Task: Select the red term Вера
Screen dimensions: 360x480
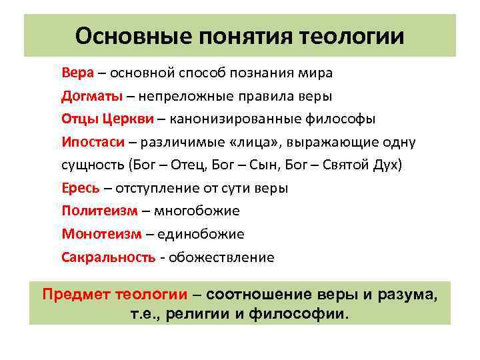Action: (x=75, y=72)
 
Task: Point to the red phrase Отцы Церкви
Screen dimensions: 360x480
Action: (x=107, y=119)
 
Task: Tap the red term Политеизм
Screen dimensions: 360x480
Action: (x=100, y=211)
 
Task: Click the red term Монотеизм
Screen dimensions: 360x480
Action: (x=102, y=234)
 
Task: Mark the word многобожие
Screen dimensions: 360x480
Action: (x=197, y=211)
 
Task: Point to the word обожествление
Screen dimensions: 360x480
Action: (x=221, y=257)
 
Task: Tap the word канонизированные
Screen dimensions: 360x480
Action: (x=232, y=119)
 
